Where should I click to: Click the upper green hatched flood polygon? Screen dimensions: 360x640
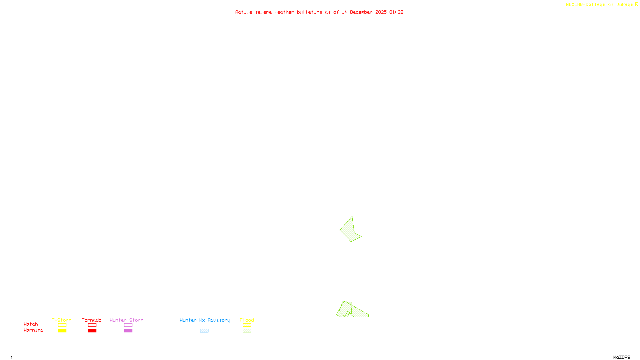pos(349,230)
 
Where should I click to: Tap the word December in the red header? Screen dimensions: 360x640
pos(361,12)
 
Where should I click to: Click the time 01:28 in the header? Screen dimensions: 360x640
pos(396,12)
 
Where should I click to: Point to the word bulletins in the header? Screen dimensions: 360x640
pos(310,12)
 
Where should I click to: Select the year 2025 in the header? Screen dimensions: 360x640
pos(381,12)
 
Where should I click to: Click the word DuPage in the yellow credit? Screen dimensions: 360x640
pos(624,4)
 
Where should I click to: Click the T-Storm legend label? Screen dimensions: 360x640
pos(62,320)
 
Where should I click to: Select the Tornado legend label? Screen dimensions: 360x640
pos(92,320)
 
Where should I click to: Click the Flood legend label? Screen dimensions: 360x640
pos(247,320)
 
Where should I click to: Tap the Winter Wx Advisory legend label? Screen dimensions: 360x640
pos(205,320)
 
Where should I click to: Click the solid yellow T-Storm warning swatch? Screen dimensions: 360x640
pos(62,331)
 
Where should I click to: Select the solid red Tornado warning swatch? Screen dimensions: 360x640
pos(92,331)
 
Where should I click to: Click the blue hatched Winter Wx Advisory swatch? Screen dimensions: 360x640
pos(204,331)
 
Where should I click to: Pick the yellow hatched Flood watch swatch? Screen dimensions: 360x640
pos(247,325)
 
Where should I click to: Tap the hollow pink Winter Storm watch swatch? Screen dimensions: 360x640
pos(128,325)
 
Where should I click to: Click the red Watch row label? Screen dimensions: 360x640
pos(31,324)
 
